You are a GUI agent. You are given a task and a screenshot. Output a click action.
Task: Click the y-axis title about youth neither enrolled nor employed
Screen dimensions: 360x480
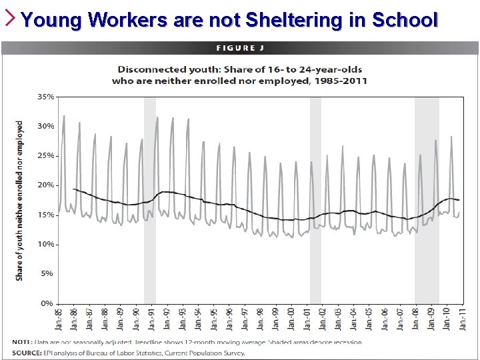19,200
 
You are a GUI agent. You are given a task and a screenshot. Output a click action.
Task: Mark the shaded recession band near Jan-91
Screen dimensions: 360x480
150,200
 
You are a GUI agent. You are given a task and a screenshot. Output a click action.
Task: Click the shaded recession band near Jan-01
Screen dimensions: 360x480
315,200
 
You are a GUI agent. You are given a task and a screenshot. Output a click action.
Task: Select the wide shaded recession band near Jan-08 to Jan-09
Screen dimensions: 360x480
427,200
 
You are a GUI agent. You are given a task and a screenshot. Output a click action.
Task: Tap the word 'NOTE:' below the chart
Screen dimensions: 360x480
24,342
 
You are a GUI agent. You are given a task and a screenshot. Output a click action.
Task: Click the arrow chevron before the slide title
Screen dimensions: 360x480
11,18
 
